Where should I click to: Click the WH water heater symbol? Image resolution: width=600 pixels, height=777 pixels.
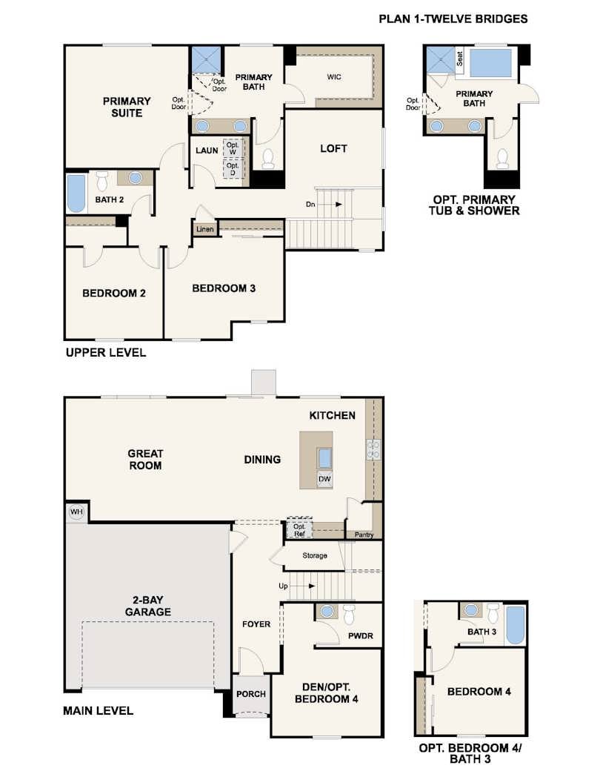tap(76, 512)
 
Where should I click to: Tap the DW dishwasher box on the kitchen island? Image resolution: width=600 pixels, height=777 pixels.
tap(324, 479)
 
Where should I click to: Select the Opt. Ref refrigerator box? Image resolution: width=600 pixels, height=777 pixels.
tap(299, 529)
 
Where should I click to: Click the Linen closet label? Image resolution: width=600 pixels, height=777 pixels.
tap(205, 229)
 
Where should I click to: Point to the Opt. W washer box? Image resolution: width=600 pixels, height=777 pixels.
tap(232, 148)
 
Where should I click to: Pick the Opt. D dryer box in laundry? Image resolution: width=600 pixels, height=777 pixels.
tap(232, 169)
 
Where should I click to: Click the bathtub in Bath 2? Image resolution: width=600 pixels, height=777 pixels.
tap(76, 193)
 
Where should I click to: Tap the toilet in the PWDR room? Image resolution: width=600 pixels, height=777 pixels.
tap(350, 614)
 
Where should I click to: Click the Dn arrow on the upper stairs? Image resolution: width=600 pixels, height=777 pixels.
tap(333, 204)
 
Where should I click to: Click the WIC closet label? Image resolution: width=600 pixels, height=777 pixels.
tap(334, 77)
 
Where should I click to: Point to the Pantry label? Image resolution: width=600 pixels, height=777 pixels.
tap(364, 535)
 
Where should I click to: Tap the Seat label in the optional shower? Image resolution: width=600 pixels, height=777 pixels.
tap(459, 59)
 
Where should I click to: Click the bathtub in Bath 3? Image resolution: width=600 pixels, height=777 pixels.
tap(515, 624)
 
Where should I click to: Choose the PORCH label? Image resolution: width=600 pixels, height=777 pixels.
tap(251, 694)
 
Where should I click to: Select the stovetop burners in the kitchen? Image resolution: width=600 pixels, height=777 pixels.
tap(373, 449)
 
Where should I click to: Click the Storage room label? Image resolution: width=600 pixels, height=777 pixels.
tap(315, 555)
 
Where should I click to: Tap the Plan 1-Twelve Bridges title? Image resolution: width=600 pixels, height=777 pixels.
tap(453, 19)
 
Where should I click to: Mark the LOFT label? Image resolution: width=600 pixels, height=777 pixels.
tap(333, 148)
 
